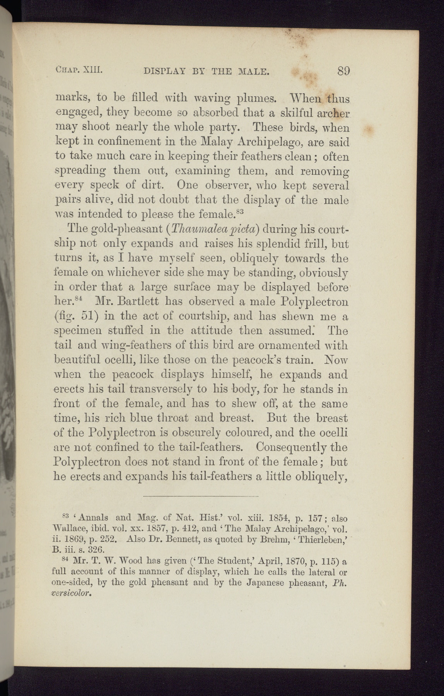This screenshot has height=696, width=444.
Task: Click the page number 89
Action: tap(343, 71)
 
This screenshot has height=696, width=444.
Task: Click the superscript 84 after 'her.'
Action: tap(79, 299)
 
